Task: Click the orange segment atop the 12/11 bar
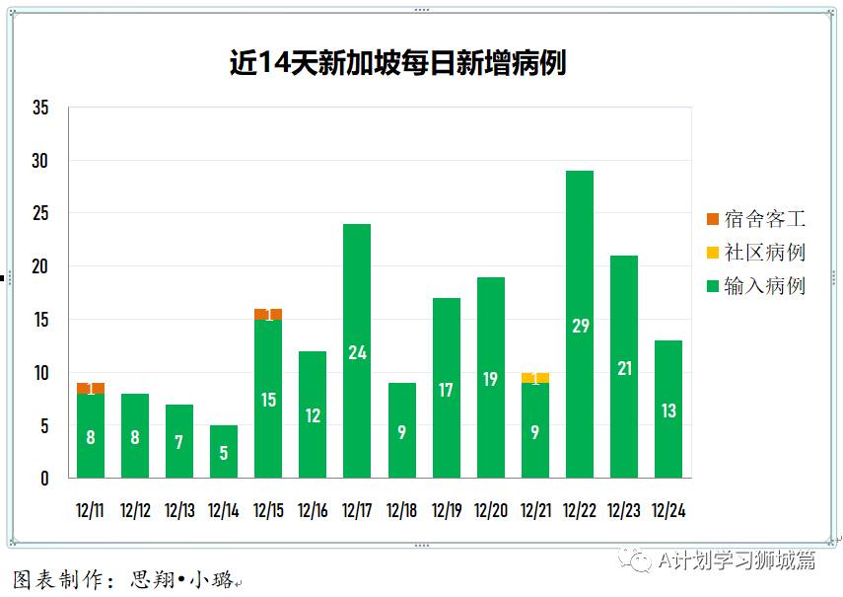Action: click(x=91, y=388)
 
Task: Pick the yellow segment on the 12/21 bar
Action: click(x=535, y=378)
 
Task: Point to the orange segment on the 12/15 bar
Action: click(x=268, y=315)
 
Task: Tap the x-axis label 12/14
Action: click(x=224, y=511)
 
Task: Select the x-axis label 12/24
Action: click(x=668, y=511)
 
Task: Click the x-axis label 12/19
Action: click(x=447, y=511)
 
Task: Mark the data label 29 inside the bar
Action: click(x=580, y=326)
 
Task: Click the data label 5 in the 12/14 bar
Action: click(x=224, y=453)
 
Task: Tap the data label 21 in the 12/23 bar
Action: click(x=624, y=368)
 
